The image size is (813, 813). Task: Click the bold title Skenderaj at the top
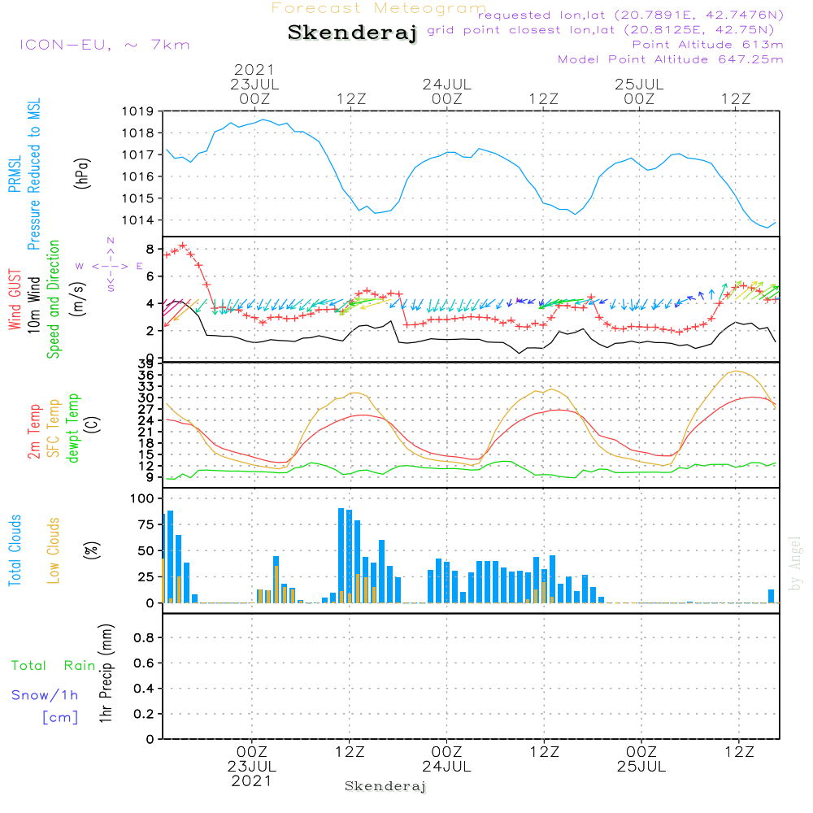click(x=352, y=33)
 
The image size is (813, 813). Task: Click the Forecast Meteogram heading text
click(x=379, y=8)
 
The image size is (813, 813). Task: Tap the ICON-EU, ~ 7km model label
click(x=104, y=44)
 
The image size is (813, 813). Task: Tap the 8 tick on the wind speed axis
click(x=150, y=248)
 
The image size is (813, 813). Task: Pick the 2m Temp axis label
click(x=34, y=430)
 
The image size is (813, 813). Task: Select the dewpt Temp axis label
click(x=73, y=428)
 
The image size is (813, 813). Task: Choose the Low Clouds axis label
click(x=54, y=550)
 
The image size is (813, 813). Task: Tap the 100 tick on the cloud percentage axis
click(x=142, y=498)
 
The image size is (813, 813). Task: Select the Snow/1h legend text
click(x=45, y=695)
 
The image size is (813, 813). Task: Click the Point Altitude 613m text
click(x=707, y=45)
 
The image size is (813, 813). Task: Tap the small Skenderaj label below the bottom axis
click(x=385, y=786)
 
